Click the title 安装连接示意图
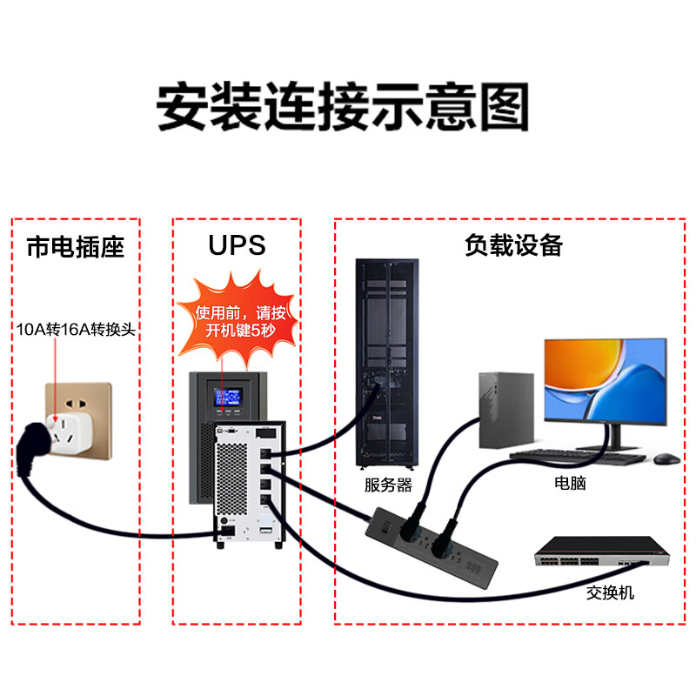click(343, 107)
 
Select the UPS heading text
click(236, 245)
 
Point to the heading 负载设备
click(513, 245)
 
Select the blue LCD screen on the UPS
click(231, 397)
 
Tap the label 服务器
click(388, 485)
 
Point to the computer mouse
click(666, 458)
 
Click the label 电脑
click(570, 483)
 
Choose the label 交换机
click(610, 592)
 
